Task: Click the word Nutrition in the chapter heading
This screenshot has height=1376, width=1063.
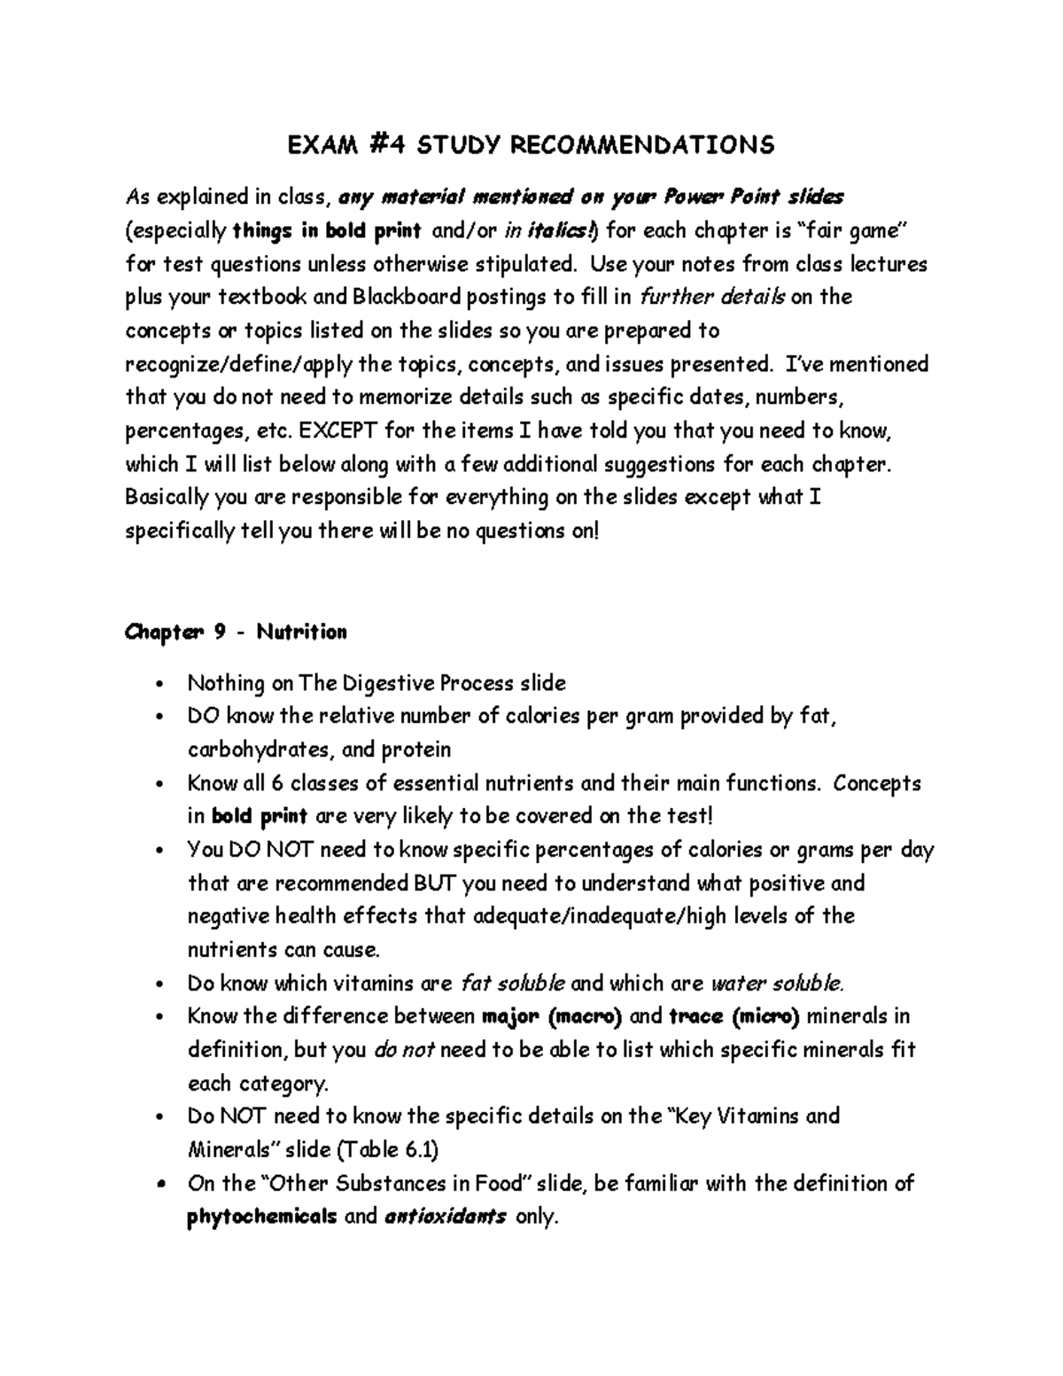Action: point(302,632)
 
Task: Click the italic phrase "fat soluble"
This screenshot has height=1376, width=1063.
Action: point(513,983)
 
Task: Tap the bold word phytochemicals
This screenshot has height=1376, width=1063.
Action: point(262,1217)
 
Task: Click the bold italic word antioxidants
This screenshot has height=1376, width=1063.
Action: point(446,1217)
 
